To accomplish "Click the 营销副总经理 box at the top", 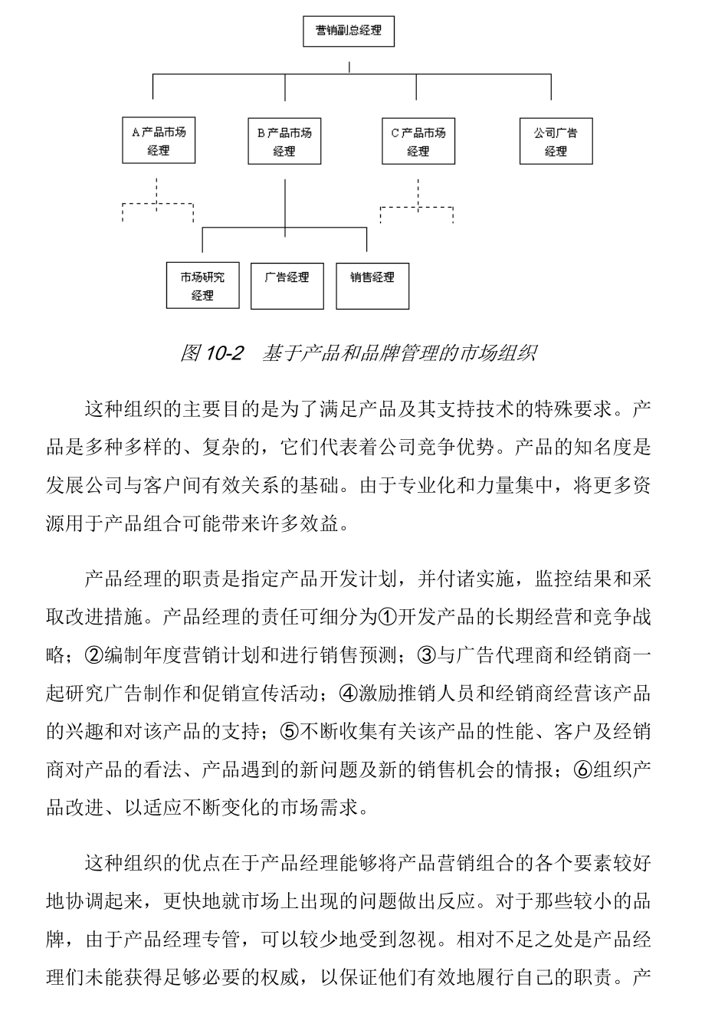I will pyautogui.click(x=349, y=32).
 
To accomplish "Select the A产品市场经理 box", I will pyautogui.click(x=159, y=141).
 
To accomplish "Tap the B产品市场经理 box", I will pyautogui.click(x=284, y=141).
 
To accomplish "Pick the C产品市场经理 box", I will pyautogui.click(x=418, y=141).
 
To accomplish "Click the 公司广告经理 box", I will pyautogui.click(x=556, y=141).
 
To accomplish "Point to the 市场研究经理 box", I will pyautogui.click(x=203, y=286).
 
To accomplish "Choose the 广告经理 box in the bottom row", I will pyautogui.click(x=287, y=286).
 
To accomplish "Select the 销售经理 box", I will pyautogui.click(x=372, y=286).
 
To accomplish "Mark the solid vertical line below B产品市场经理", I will pyautogui.click(x=285, y=203).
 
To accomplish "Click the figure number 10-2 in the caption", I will pyautogui.click(x=225, y=353).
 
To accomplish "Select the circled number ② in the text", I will pyautogui.click(x=93, y=655).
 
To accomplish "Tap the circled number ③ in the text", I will pyautogui.click(x=426, y=655).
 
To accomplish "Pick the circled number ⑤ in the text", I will pyautogui.click(x=290, y=731).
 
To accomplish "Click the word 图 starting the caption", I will pyautogui.click(x=189, y=353).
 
